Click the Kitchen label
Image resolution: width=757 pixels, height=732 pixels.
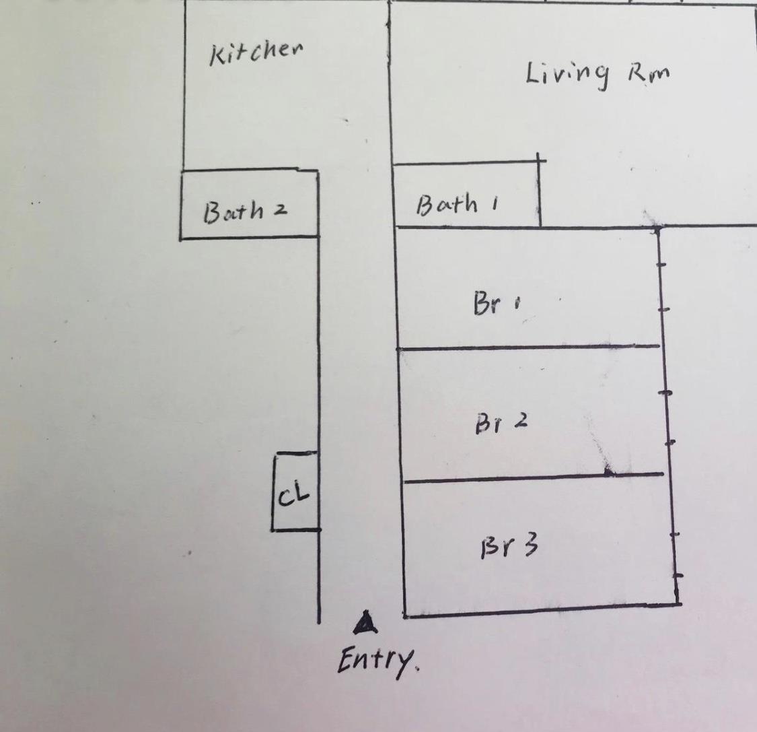click(256, 52)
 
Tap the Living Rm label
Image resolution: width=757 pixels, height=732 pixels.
click(598, 73)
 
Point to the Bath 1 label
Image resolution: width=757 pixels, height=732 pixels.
click(456, 204)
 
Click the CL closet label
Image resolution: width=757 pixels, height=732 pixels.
click(294, 496)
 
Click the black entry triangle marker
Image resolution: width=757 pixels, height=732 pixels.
click(365, 624)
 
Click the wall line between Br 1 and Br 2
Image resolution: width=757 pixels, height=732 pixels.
click(528, 347)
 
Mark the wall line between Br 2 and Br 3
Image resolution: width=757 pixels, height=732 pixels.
click(532, 477)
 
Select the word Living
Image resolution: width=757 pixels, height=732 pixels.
click(567, 74)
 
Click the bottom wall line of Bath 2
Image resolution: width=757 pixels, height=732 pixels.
click(249, 237)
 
